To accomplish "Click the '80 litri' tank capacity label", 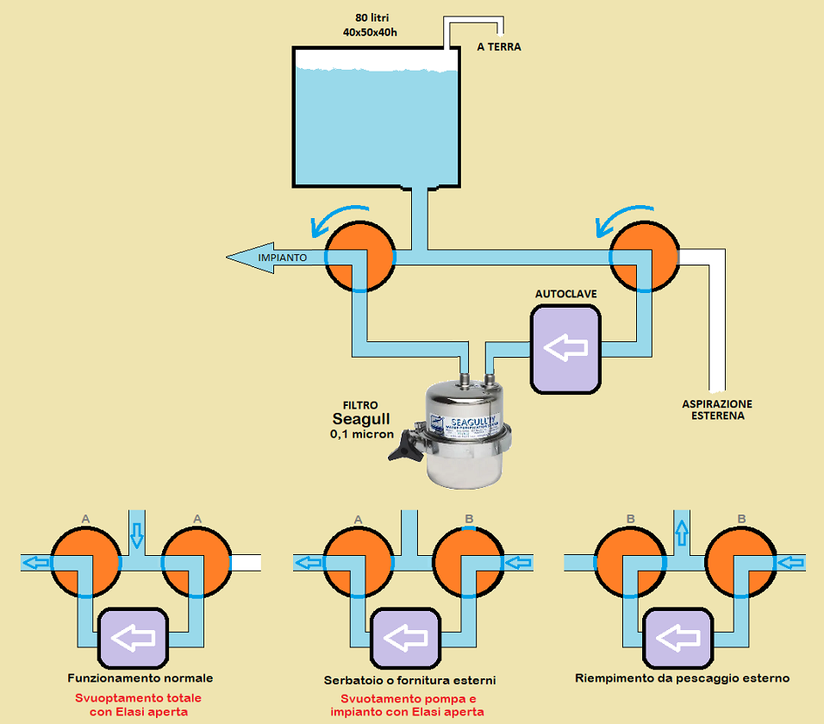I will pyautogui.click(x=369, y=17).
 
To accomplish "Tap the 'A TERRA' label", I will pyautogui.click(x=499, y=47).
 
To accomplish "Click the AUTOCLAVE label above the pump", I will pyautogui.click(x=565, y=294).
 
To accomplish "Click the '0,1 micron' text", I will pyautogui.click(x=362, y=434).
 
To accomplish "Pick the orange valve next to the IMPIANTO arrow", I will pyautogui.click(x=360, y=257).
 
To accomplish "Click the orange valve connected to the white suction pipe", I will pyautogui.click(x=646, y=257).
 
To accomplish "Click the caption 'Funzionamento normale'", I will pyautogui.click(x=140, y=678).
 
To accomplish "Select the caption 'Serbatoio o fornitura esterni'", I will pyautogui.click(x=410, y=680).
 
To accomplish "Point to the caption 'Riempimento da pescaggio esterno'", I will pyautogui.click(x=682, y=678).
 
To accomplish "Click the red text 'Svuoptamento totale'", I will pyautogui.click(x=139, y=697).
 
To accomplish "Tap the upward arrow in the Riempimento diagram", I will pyautogui.click(x=680, y=533).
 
